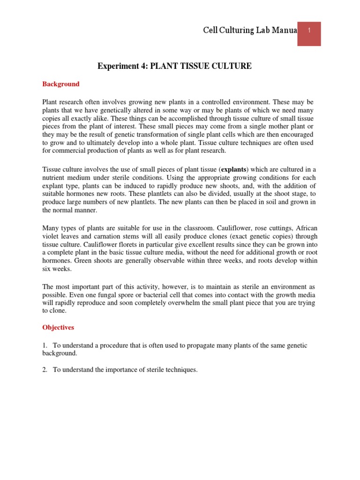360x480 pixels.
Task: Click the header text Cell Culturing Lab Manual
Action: [250, 30]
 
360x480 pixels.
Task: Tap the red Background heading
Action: [61, 84]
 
